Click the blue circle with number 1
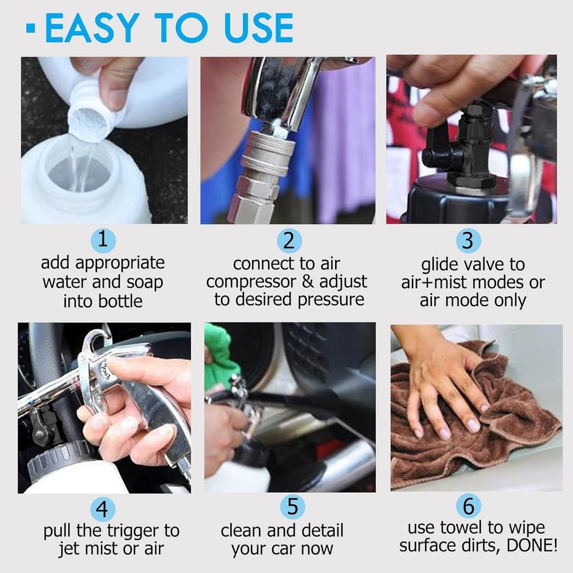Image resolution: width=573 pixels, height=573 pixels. pyautogui.click(x=103, y=240)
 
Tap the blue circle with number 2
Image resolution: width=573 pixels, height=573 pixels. pyautogui.click(x=288, y=240)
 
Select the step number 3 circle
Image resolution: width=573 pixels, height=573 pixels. pyautogui.click(x=468, y=240)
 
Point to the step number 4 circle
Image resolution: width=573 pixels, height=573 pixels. pyautogui.click(x=103, y=509)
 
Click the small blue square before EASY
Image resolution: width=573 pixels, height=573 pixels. pyautogui.click(x=30, y=28)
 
